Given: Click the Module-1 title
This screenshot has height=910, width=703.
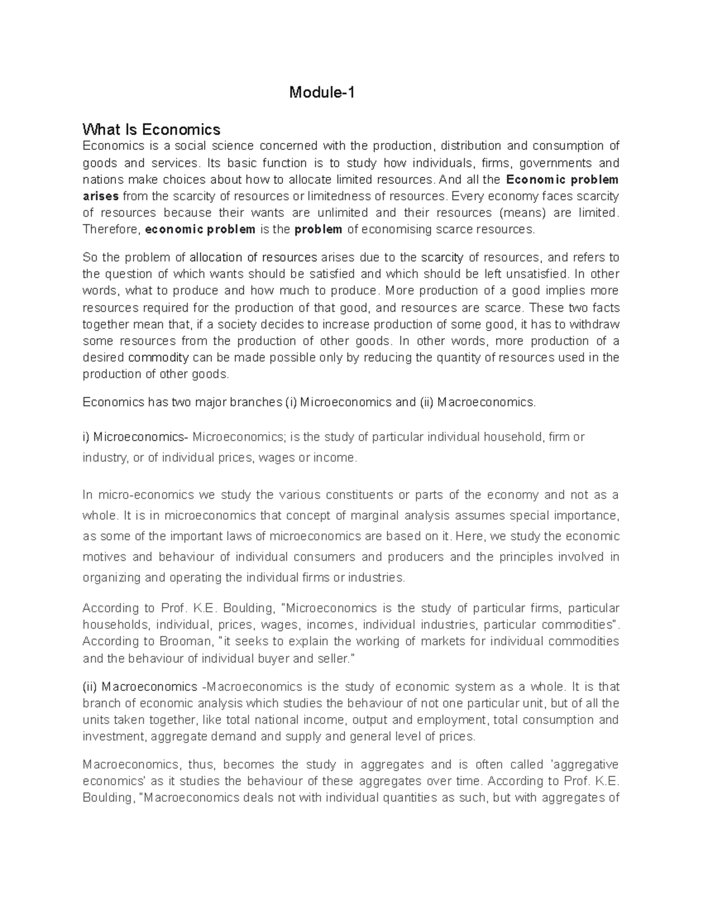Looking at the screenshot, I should point(322,93).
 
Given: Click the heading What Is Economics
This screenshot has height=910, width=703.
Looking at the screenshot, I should point(151,129).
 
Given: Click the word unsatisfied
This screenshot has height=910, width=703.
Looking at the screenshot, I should point(536,274).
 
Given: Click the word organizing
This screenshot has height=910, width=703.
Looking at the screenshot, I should point(111,577).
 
